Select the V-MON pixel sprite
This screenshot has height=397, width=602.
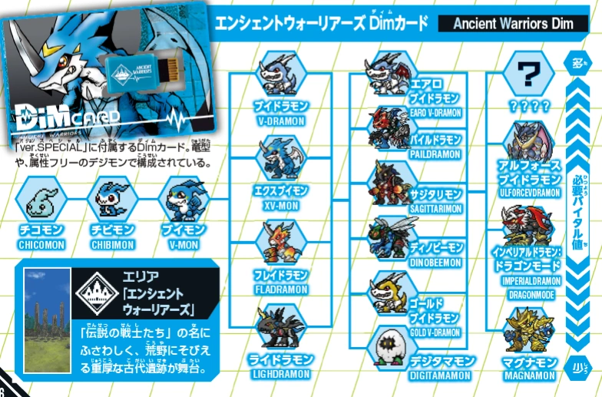[182, 198]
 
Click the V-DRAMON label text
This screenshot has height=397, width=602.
[280, 121]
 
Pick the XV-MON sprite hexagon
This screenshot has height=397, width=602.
[280, 158]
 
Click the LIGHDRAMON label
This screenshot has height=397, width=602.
[280, 374]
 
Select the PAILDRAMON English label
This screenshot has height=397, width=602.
[435, 154]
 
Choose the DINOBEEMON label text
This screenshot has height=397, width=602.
[435, 262]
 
